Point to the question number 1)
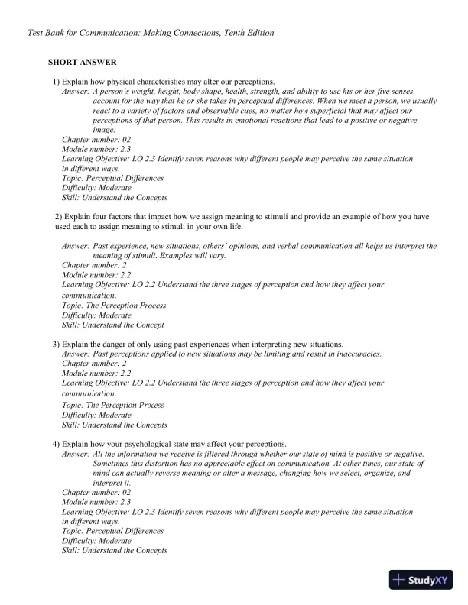tap(56, 81)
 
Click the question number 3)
tap(56, 344)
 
